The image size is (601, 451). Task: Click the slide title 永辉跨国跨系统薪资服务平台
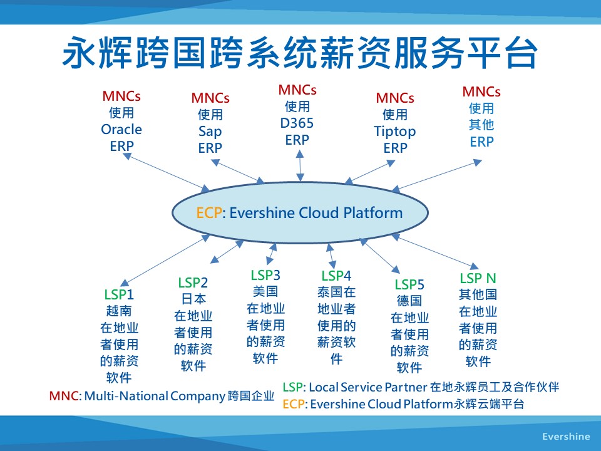(x=300, y=53)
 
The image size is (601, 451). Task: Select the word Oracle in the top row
(x=121, y=130)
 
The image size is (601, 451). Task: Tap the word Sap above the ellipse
(x=210, y=132)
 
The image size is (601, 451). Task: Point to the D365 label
(x=297, y=123)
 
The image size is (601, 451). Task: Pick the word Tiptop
(x=395, y=132)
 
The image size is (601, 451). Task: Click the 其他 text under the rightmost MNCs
(x=481, y=125)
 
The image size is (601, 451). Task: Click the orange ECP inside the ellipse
(x=209, y=212)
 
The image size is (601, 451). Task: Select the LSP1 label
(x=119, y=294)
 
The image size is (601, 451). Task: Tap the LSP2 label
(x=193, y=283)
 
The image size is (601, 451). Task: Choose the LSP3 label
(x=265, y=275)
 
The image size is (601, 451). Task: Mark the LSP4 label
(x=336, y=276)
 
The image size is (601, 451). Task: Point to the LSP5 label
(x=409, y=285)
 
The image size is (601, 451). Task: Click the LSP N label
(x=478, y=278)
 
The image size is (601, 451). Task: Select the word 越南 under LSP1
(x=119, y=311)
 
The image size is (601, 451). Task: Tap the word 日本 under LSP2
(x=193, y=299)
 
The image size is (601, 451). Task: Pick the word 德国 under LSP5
(x=409, y=301)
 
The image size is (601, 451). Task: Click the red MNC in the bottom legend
(x=64, y=396)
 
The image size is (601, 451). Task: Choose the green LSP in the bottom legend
(x=293, y=387)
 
